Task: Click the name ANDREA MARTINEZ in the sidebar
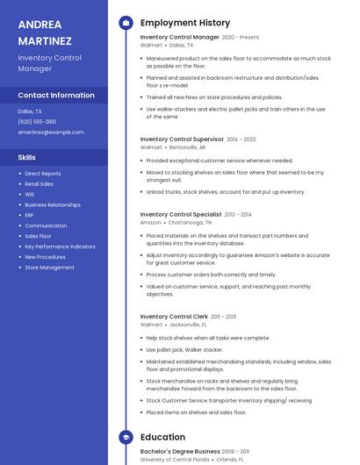(x=45, y=32)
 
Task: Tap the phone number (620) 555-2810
(x=37, y=122)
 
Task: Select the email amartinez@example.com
(x=51, y=132)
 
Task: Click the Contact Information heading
(x=56, y=95)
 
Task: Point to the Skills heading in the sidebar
(x=27, y=158)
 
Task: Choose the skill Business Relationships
(x=53, y=204)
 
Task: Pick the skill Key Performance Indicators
(x=60, y=247)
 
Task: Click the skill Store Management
(x=49, y=268)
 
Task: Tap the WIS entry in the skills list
(x=30, y=194)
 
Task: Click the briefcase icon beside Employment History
(x=126, y=22)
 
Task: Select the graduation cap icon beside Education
(x=126, y=437)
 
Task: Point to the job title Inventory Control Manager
(x=179, y=38)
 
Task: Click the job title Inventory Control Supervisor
(x=182, y=139)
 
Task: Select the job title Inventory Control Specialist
(x=181, y=214)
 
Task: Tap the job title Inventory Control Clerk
(x=174, y=316)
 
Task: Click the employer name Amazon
(x=151, y=223)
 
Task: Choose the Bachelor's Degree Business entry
(x=180, y=451)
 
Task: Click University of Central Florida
(x=175, y=459)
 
